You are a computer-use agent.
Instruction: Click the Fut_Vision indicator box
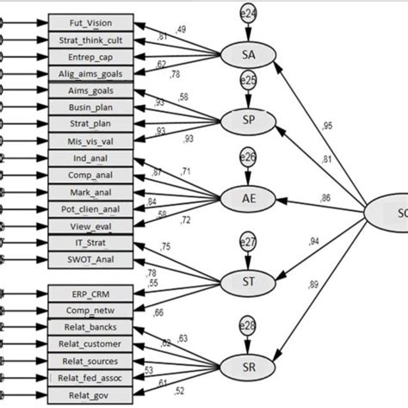[91, 22]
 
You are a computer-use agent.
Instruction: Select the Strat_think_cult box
[91, 40]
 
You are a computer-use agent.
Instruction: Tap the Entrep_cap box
[91, 56]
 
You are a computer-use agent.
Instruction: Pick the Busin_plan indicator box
[91, 107]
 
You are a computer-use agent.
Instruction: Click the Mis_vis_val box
[91, 140]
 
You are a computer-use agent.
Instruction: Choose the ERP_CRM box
[91, 294]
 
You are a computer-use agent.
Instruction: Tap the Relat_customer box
[91, 343]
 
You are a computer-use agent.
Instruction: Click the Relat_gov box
[91, 394]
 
